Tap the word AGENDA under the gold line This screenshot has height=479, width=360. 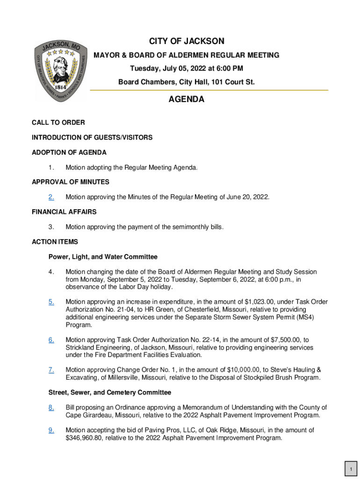pyautogui.click(x=186, y=100)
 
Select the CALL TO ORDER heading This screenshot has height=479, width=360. pyautogui.click(x=58, y=123)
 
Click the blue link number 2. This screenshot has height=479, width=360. pyautogui.click(x=51, y=197)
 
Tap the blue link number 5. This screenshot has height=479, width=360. pyautogui.click(x=51, y=302)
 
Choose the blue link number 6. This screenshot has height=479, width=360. pyautogui.click(x=51, y=340)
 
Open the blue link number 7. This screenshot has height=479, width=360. pyautogui.click(x=51, y=370)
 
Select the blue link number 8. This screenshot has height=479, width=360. pyautogui.click(x=51, y=407)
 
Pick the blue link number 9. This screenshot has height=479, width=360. pyautogui.click(x=51, y=430)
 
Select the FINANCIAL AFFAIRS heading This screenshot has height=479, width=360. pyautogui.click(x=64, y=212)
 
